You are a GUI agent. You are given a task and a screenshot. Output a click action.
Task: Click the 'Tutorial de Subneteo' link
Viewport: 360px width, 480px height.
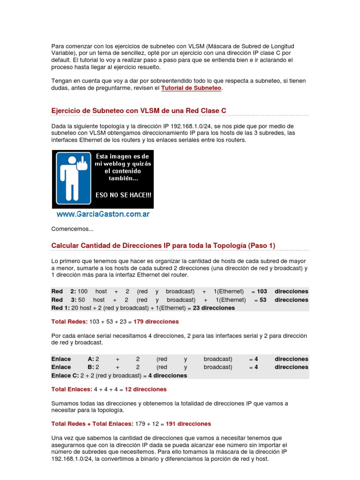[x=191, y=88]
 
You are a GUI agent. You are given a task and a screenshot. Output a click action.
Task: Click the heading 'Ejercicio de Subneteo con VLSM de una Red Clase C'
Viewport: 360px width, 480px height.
[x=139, y=110]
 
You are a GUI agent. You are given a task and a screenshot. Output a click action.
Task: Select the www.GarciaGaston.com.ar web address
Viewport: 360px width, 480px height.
[x=103, y=214]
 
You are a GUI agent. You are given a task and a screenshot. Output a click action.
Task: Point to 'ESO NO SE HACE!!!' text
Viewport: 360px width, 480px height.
[x=123, y=195]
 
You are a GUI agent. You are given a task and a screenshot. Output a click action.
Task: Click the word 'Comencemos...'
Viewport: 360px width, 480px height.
[x=72, y=229]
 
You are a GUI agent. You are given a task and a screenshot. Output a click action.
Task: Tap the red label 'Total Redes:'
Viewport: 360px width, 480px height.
[x=69, y=322]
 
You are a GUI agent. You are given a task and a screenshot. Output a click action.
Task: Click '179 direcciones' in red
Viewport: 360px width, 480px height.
[x=156, y=322]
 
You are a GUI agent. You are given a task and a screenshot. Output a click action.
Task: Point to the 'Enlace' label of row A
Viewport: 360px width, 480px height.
[x=61, y=359]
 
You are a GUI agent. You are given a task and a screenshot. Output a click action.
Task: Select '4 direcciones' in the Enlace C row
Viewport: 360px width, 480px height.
[x=167, y=375]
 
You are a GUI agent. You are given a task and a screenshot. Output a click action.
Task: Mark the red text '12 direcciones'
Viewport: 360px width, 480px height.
[x=145, y=390]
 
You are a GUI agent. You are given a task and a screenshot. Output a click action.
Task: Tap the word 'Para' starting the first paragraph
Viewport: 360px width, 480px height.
[x=57, y=46]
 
